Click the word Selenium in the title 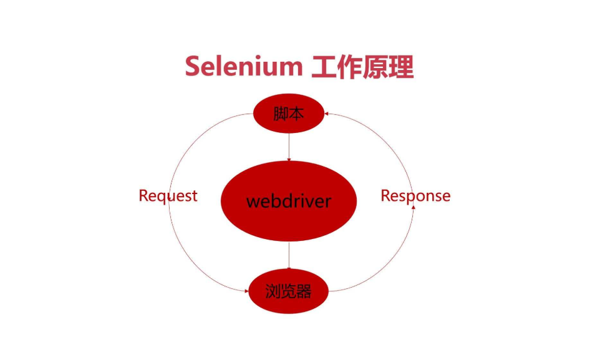click(243, 66)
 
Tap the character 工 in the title click(324, 66)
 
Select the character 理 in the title click(400, 66)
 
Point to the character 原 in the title click(375, 66)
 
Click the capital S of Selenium click(193, 66)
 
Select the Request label click(168, 196)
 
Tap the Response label click(415, 196)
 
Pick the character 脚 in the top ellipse click(281, 114)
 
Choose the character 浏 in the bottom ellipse click(273, 291)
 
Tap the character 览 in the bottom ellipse click(288, 291)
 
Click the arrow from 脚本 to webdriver click(289, 147)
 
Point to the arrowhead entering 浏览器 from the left click(246, 289)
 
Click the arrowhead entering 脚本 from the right click(326, 114)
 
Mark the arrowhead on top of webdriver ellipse click(289, 160)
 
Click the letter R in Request click(143, 196)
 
